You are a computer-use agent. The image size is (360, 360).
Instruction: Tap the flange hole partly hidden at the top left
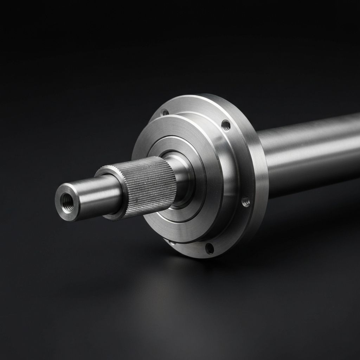pyautogui.click(x=164, y=113)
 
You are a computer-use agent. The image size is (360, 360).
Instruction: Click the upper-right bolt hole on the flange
pyautogui.click(x=226, y=124)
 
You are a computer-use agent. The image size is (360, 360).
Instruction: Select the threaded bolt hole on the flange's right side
pyautogui.click(x=246, y=201)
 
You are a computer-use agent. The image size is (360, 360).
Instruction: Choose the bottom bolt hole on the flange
pyautogui.click(x=210, y=248)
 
